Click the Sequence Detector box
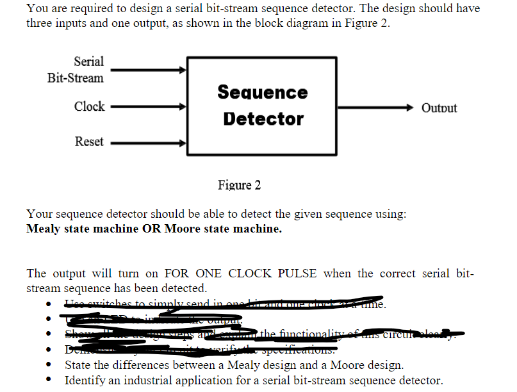(x=262, y=106)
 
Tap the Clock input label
(x=89, y=107)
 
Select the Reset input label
(x=89, y=142)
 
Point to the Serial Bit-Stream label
(x=76, y=70)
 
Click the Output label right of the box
(x=439, y=108)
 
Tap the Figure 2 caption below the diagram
(x=239, y=185)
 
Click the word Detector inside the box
(x=263, y=119)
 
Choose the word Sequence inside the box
(x=263, y=92)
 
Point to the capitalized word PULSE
(x=297, y=274)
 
